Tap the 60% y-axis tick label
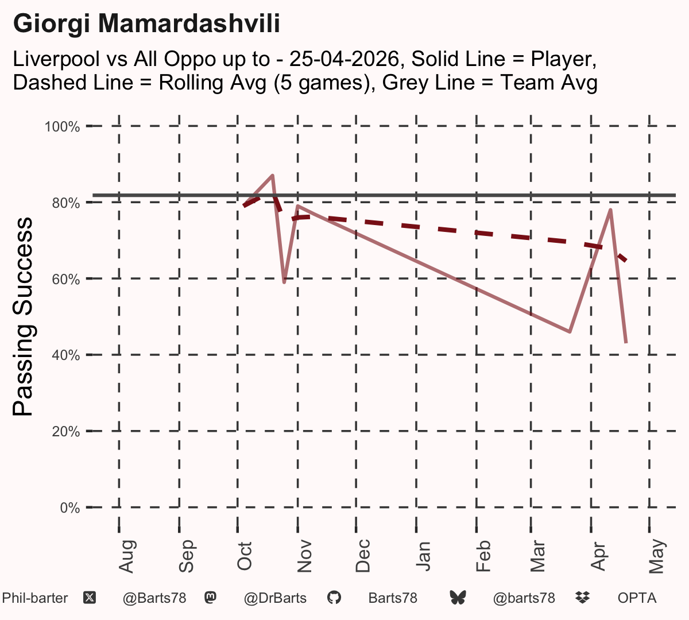66,279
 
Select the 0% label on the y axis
70,507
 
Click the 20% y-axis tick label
66,432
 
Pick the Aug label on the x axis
126,556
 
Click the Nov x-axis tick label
304,556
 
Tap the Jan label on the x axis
423,556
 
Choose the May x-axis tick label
657,556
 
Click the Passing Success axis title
22,316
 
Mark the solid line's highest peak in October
272,176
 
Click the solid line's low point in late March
570,332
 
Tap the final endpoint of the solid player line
626,342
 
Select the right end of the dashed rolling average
626,261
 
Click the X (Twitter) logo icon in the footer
90,598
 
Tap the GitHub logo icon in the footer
334,598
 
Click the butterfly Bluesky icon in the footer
458,598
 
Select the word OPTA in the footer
637,598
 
